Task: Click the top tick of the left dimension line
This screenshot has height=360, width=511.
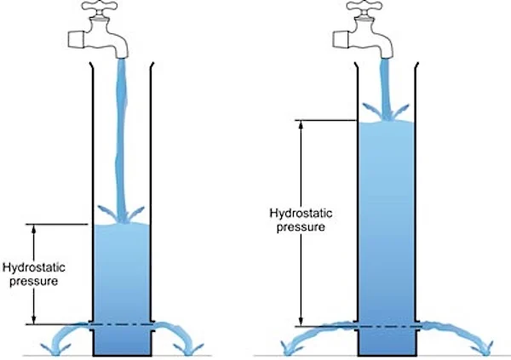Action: (x=33, y=224)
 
